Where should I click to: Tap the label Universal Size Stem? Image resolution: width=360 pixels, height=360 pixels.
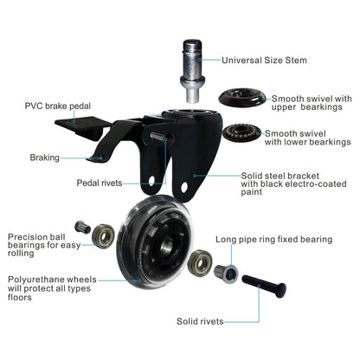pos(265,61)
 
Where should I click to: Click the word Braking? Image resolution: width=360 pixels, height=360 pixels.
pos(43,157)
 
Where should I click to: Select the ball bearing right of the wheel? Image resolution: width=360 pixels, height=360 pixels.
pos(202,260)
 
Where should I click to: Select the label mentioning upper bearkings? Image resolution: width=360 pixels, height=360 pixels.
pos(307,105)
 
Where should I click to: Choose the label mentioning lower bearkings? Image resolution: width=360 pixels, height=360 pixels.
pos(307,139)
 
